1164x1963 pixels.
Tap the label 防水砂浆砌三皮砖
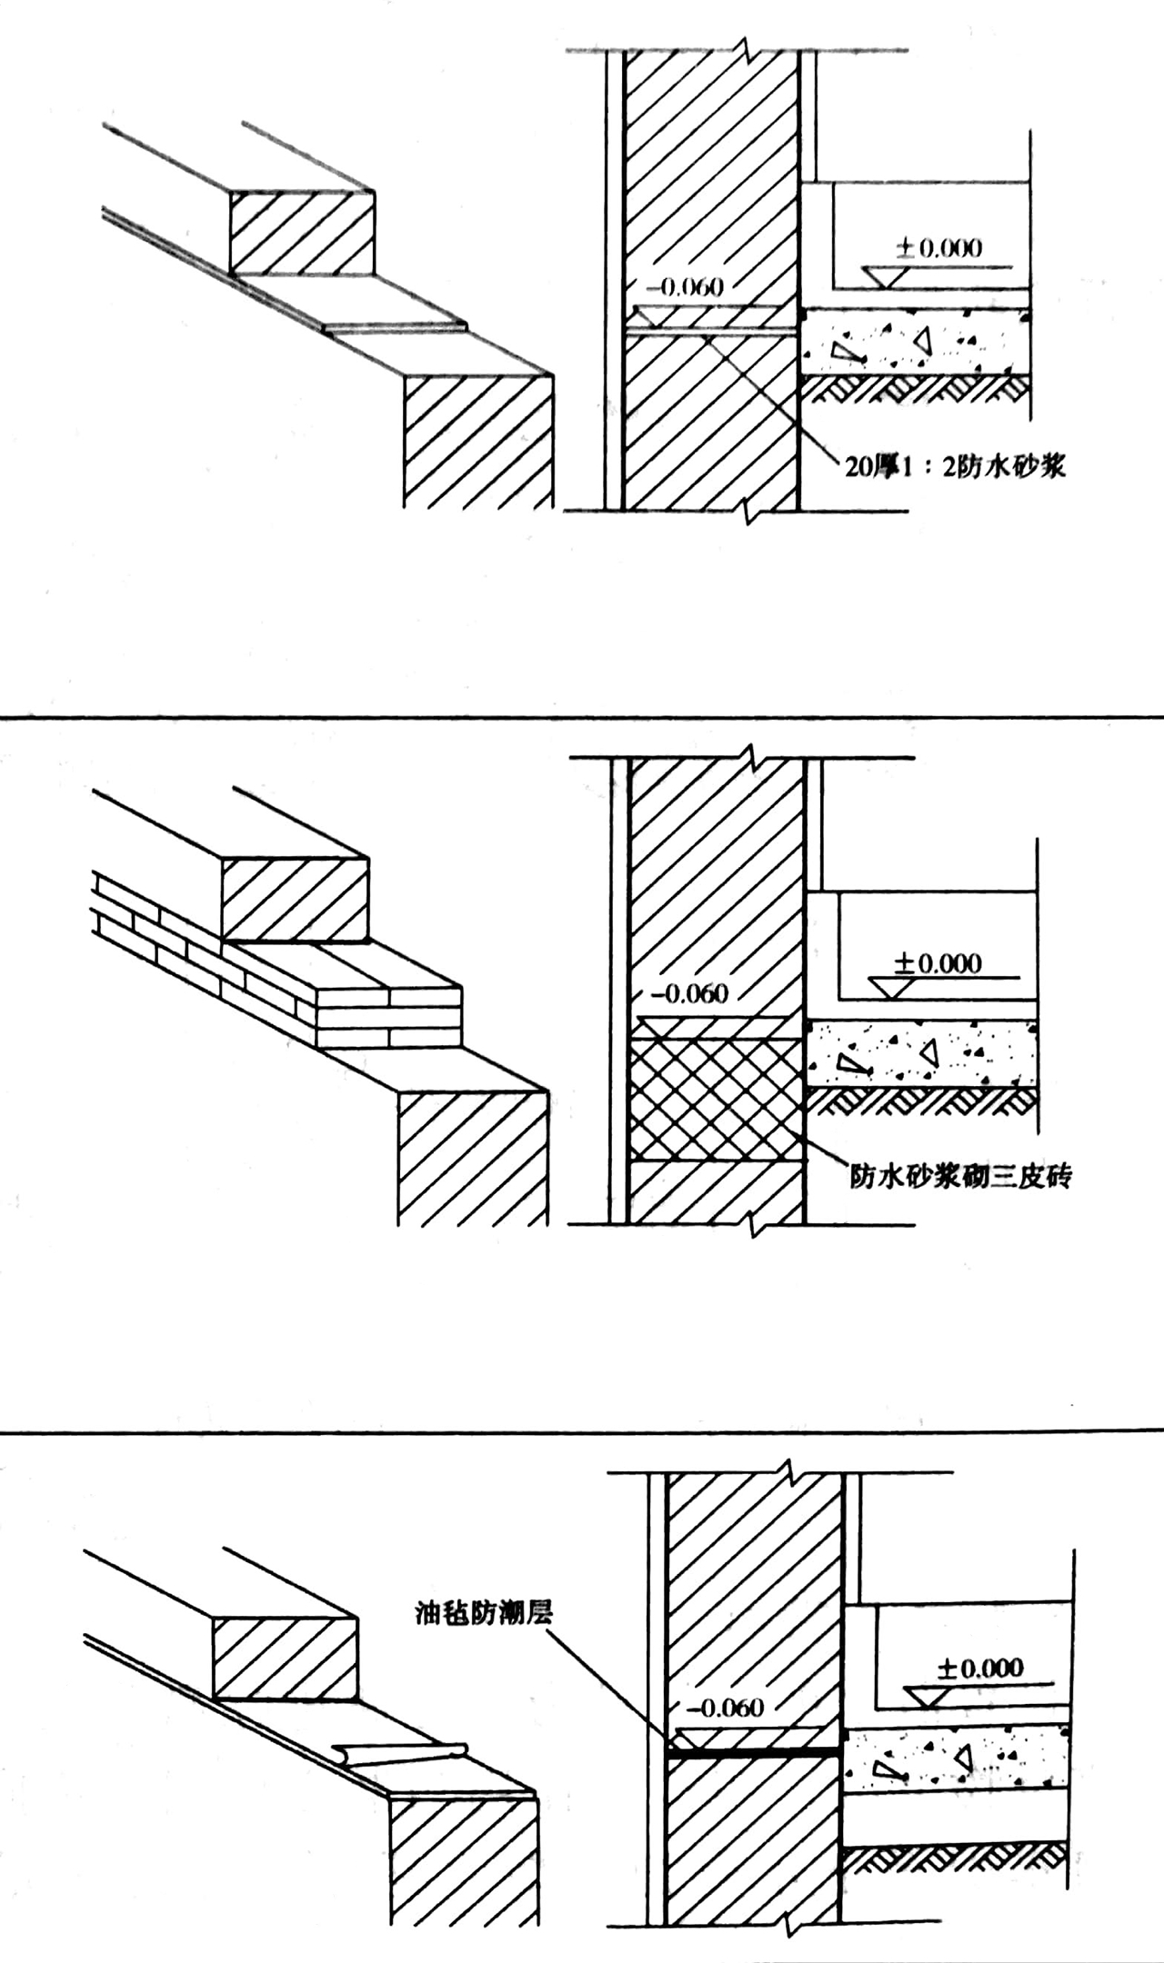click(960, 1176)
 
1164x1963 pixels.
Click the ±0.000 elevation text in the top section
click(939, 248)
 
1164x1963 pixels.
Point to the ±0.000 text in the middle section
click(938, 962)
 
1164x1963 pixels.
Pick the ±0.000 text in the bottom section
click(980, 1668)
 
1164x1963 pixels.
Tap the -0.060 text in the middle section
click(695, 993)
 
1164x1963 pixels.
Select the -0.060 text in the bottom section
click(730, 1708)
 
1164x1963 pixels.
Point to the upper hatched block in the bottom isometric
click(285, 1658)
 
